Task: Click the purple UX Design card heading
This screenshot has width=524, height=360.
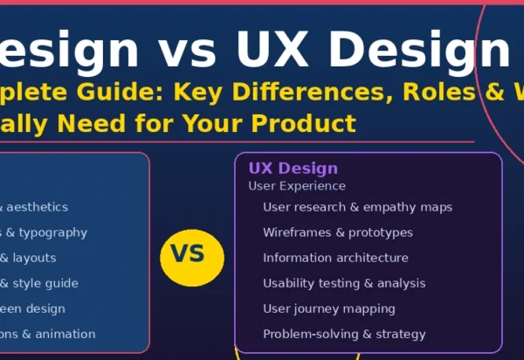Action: (293, 169)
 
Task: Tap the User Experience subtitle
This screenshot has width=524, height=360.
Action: (297, 186)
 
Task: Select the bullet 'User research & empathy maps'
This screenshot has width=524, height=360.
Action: (357, 207)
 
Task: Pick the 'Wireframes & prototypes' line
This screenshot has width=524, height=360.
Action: (337, 232)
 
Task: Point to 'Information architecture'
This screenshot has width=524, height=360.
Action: (335, 258)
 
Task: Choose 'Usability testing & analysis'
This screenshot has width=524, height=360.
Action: (344, 283)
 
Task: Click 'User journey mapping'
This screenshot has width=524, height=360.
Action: (328, 308)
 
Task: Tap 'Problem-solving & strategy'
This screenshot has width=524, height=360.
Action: (344, 334)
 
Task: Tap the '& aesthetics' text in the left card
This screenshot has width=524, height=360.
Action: (34, 207)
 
